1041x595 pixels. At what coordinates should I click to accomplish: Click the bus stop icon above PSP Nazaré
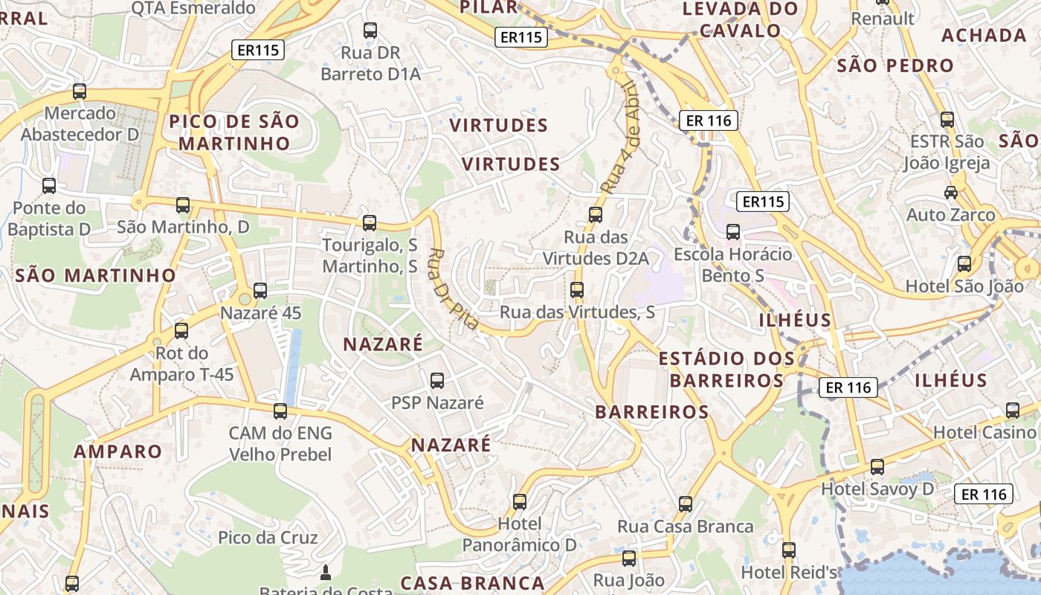point(437,381)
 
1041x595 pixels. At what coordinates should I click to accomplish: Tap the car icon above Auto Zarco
point(950,193)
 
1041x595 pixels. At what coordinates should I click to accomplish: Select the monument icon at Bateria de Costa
point(324,573)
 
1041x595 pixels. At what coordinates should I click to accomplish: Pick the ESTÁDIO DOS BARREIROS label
point(726,370)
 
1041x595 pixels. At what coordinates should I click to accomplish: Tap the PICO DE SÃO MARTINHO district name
point(233,132)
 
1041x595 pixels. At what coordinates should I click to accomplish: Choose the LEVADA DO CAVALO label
point(740,19)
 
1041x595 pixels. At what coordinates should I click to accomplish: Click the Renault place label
point(883,18)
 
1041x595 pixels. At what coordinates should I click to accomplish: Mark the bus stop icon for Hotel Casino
point(1012,410)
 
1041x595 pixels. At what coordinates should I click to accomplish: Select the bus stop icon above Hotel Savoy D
point(877,466)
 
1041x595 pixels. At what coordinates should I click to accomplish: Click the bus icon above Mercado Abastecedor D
point(80,91)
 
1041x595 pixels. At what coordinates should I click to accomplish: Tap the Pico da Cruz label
point(268,538)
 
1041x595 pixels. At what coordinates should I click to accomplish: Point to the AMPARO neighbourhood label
point(117,451)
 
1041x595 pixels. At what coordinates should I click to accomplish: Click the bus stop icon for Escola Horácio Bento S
point(733,232)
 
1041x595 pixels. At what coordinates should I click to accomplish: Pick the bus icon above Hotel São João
point(964,263)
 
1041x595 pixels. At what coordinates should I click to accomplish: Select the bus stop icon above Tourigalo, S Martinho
point(370,222)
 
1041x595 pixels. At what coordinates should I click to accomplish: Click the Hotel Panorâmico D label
point(519,534)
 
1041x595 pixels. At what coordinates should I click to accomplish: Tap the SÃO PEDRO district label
point(895,65)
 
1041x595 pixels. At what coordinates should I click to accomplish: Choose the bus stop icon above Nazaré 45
point(260,290)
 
